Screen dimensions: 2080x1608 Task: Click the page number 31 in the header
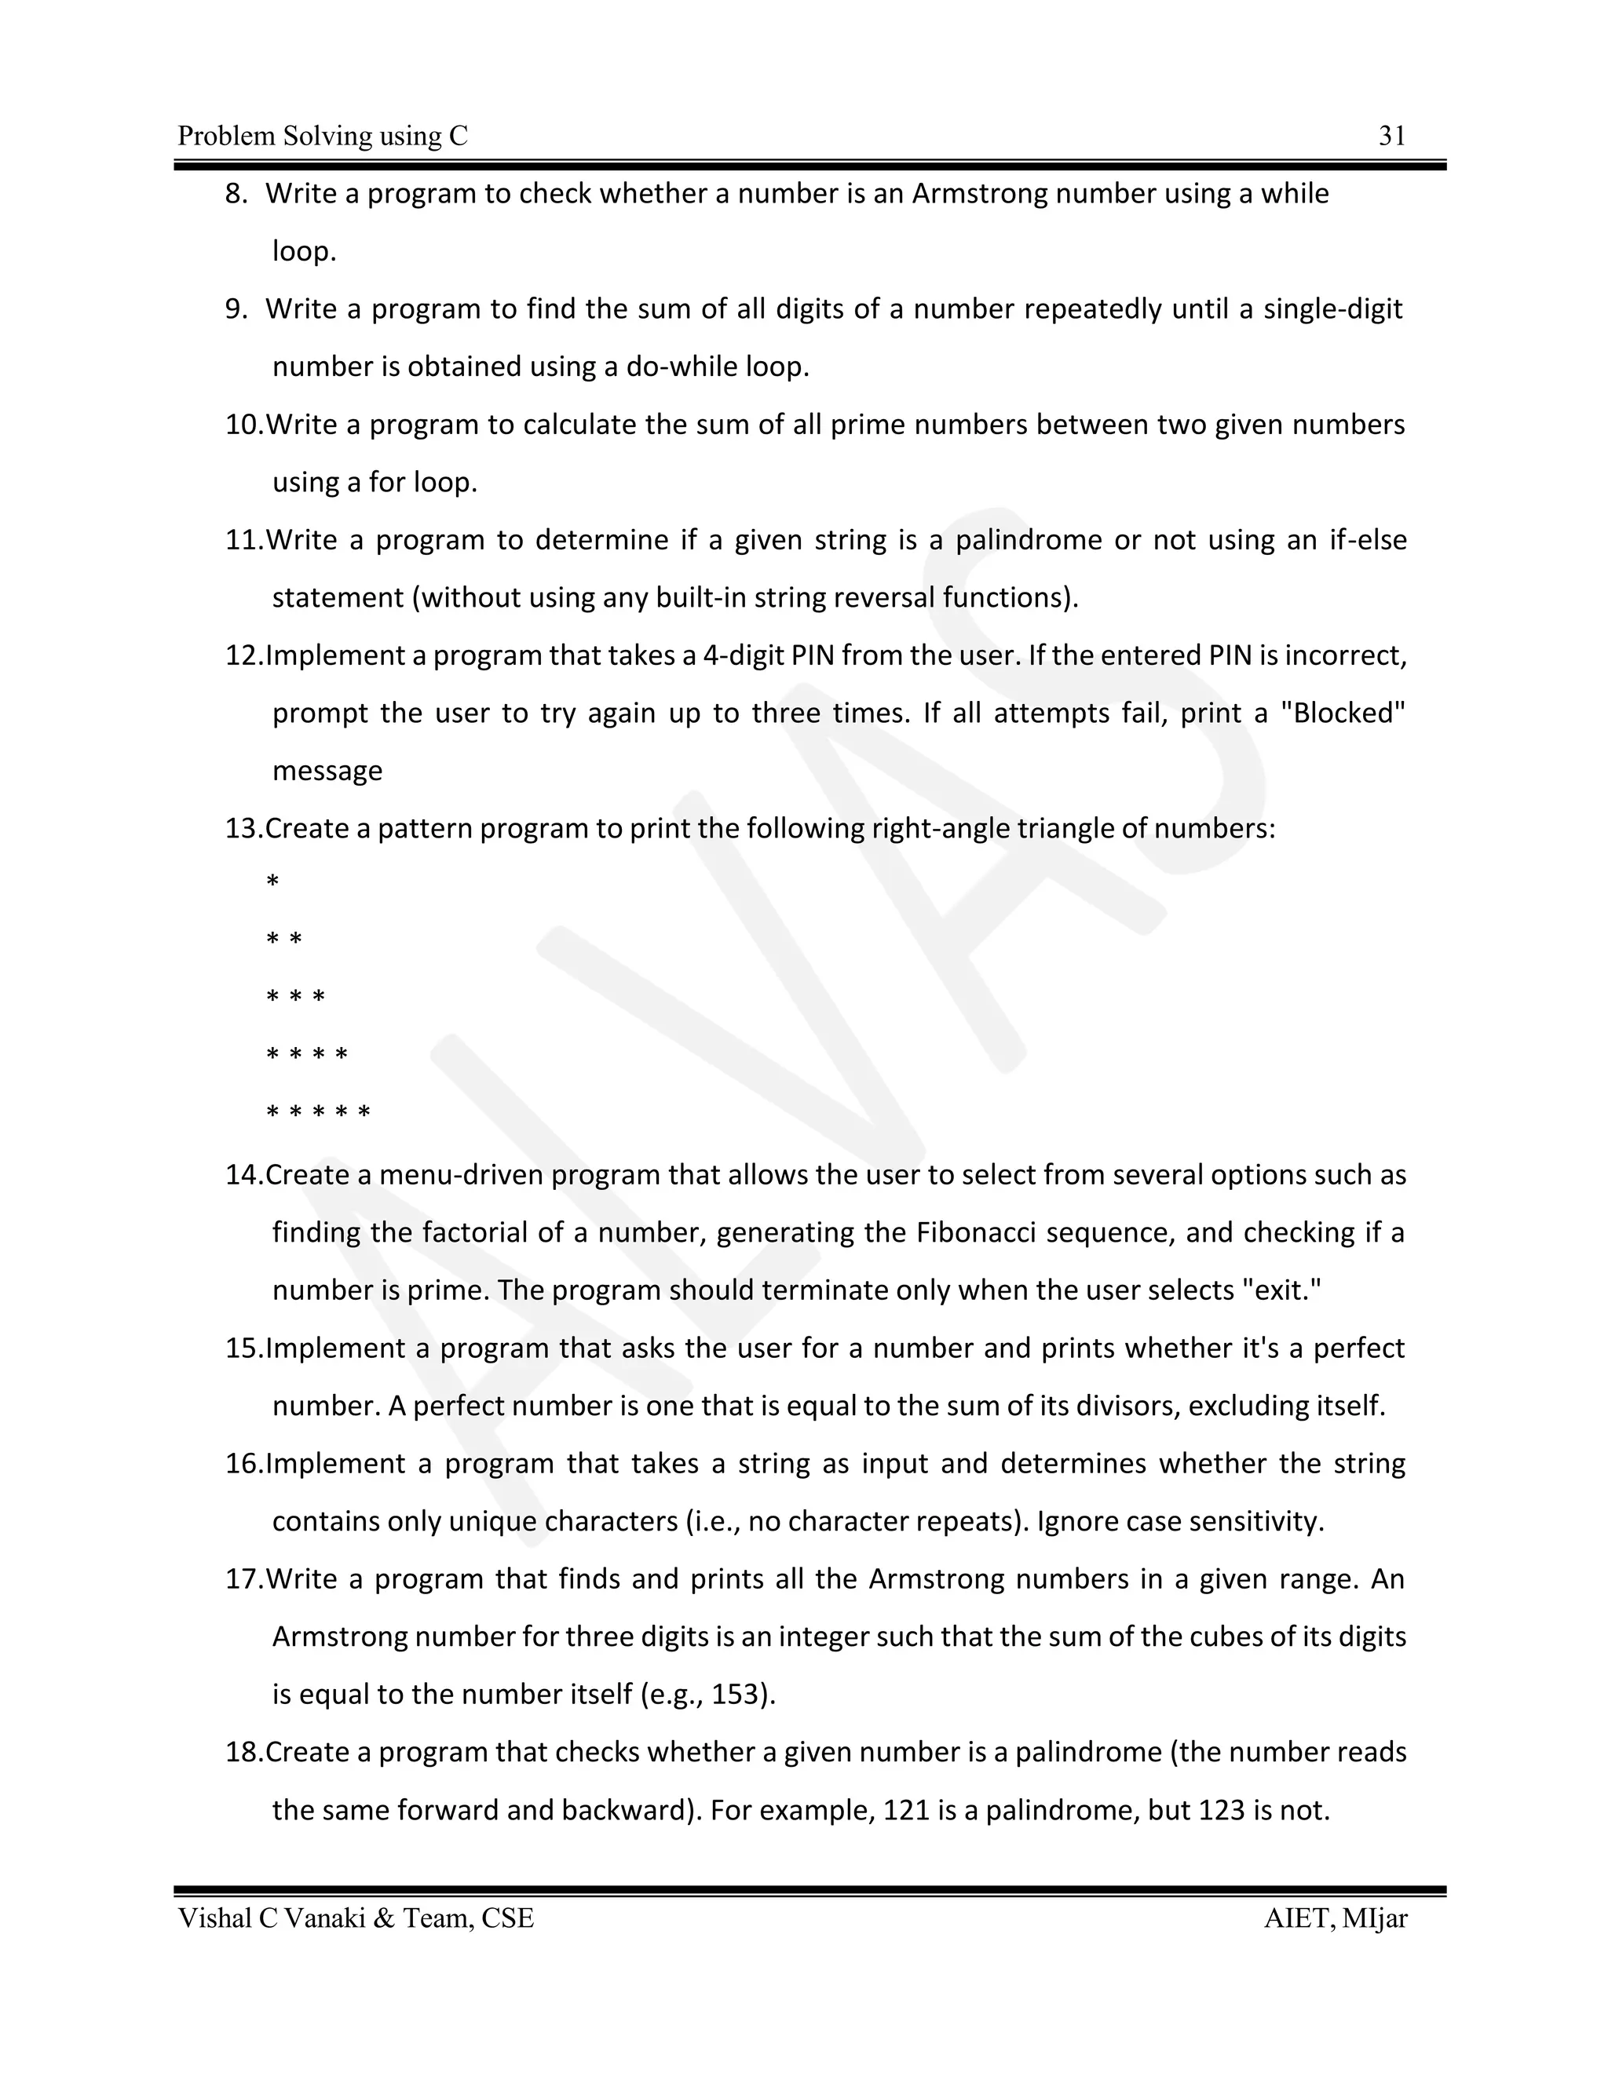coord(1392,137)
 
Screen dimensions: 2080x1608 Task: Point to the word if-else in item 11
coord(1368,540)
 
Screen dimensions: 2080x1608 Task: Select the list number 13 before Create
coord(242,829)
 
